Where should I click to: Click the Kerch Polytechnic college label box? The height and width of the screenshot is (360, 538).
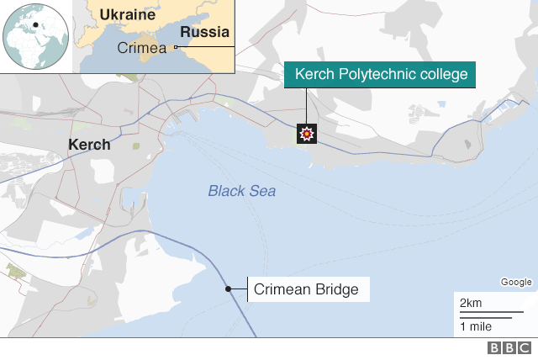click(x=381, y=75)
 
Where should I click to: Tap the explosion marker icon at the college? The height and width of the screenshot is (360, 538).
click(x=307, y=133)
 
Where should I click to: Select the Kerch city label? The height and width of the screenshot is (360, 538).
click(x=89, y=145)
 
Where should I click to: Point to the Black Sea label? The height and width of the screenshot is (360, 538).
click(x=242, y=191)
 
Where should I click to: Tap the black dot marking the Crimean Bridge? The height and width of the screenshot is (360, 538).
click(x=228, y=289)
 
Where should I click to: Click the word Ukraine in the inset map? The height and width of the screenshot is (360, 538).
click(x=127, y=15)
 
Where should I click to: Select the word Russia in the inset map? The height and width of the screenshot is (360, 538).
click(x=205, y=34)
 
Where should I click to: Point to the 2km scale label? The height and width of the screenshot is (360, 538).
click(x=471, y=303)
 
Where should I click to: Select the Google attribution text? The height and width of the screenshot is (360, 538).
click(x=515, y=282)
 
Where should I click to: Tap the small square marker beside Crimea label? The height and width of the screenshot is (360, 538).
click(x=175, y=48)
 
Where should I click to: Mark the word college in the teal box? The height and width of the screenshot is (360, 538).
click(x=442, y=75)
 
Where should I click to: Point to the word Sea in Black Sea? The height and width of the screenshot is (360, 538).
click(x=262, y=191)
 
